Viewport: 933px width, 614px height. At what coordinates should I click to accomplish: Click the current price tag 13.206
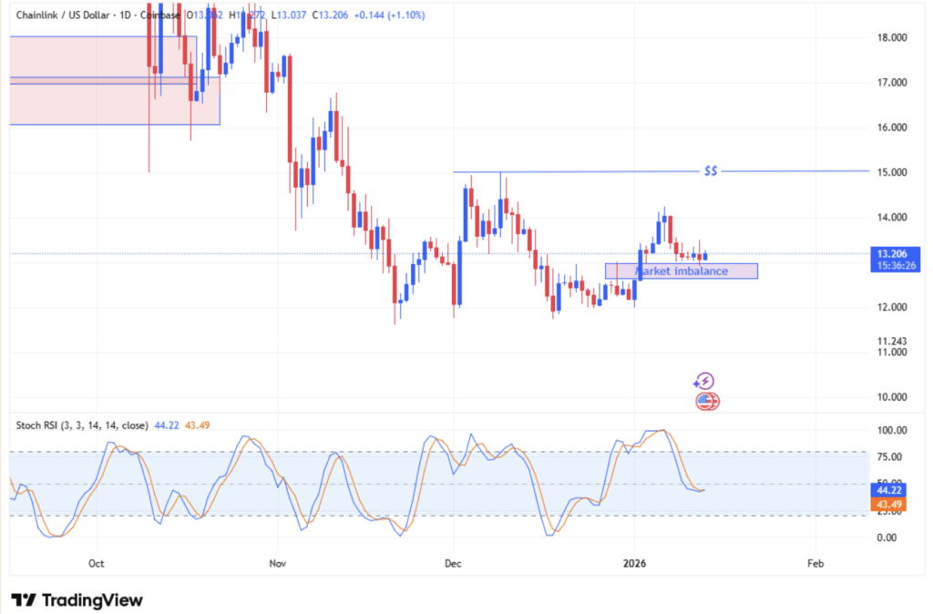coord(891,254)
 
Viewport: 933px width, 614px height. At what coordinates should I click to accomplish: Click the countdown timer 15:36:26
coord(891,266)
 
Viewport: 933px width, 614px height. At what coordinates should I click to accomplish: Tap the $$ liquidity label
coord(711,171)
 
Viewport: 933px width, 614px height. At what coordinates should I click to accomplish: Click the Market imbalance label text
coord(681,271)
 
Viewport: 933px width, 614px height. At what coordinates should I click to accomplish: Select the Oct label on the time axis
coord(97,564)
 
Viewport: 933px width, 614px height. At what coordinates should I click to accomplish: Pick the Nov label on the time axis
coord(279,564)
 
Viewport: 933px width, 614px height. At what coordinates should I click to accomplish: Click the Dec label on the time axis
coord(453,564)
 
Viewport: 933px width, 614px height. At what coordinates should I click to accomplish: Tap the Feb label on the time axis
coord(815,564)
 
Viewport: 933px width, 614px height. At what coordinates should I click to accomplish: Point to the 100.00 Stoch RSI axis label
coord(889,430)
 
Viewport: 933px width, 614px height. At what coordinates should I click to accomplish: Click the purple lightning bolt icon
coord(703,382)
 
